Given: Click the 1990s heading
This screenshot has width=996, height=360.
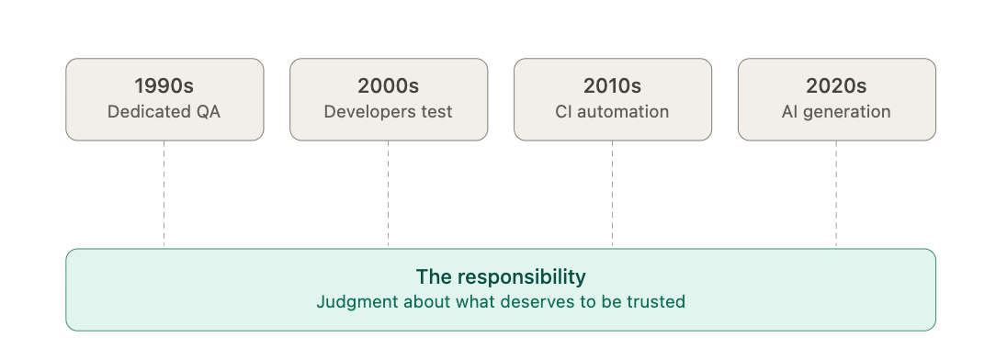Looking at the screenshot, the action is (x=164, y=85).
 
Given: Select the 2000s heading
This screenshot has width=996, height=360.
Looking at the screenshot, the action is (x=388, y=85).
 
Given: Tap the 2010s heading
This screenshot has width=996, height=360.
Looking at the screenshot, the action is (x=612, y=85).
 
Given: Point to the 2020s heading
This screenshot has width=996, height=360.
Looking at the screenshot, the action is (x=836, y=85).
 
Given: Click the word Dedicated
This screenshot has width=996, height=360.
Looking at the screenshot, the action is (x=145, y=112).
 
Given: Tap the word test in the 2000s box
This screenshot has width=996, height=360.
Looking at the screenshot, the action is (x=438, y=112).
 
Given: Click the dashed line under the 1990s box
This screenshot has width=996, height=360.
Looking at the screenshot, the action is (x=164, y=195).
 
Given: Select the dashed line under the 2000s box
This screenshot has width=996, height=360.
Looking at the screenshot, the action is (x=388, y=195).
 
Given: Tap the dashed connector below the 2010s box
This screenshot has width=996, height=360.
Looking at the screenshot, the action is (x=612, y=195).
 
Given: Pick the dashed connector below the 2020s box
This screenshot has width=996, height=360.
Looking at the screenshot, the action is (x=836, y=195).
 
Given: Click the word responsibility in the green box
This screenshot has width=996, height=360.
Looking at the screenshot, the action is (x=522, y=277).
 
